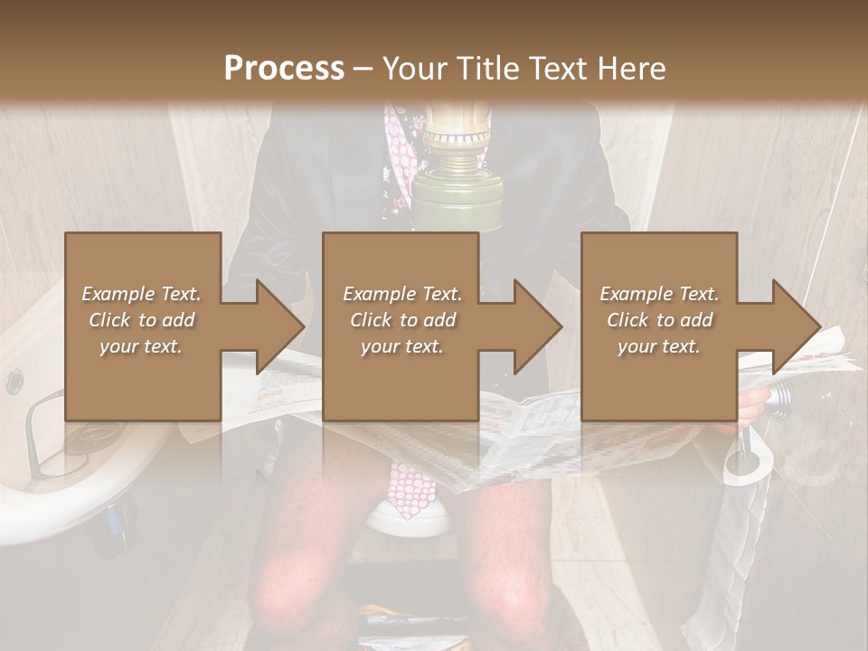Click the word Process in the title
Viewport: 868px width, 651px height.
(x=284, y=68)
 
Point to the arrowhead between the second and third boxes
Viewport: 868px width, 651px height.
(x=537, y=326)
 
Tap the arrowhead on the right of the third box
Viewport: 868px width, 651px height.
(x=796, y=326)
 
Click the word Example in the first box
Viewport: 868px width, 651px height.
(x=118, y=294)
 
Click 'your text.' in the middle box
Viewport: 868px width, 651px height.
(x=401, y=346)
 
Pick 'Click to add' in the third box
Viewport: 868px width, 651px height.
(x=659, y=320)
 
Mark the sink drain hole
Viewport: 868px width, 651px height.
(x=14, y=381)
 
